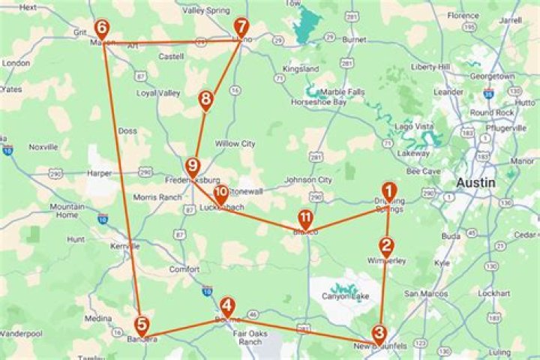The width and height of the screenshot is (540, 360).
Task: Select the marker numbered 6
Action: click(x=101, y=28)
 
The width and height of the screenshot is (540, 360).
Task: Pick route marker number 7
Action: click(x=240, y=27)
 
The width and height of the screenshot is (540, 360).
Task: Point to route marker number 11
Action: click(x=305, y=218)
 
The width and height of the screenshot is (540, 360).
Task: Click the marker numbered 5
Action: click(x=142, y=324)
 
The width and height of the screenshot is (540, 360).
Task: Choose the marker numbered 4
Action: click(x=228, y=306)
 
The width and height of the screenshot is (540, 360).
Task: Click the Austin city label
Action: click(x=476, y=183)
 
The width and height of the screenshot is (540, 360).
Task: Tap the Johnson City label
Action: click(x=308, y=180)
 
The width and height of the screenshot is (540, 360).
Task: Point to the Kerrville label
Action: click(x=124, y=246)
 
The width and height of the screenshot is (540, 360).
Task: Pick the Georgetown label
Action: click(x=492, y=76)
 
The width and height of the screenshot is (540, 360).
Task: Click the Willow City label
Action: click(x=235, y=143)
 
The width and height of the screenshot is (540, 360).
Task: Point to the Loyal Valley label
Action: click(x=158, y=93)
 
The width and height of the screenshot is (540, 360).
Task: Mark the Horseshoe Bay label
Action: click(x=319, y=102)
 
